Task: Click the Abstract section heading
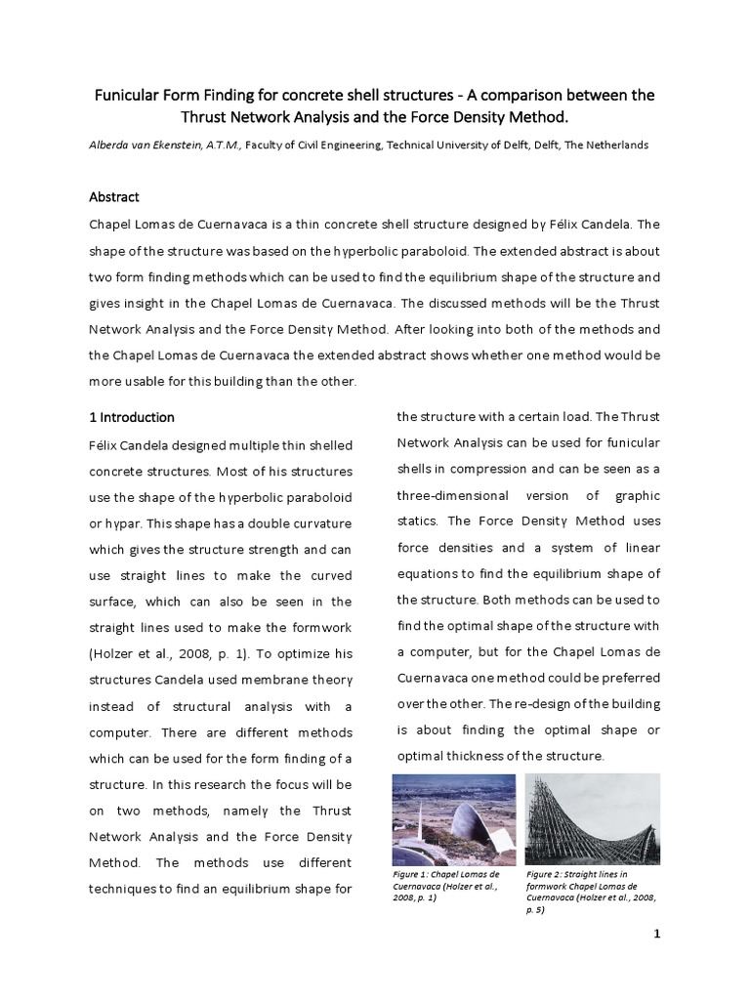point(114,196)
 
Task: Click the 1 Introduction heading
point(132,417)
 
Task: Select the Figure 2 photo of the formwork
point(592,816)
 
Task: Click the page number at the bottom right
point(657,934)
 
